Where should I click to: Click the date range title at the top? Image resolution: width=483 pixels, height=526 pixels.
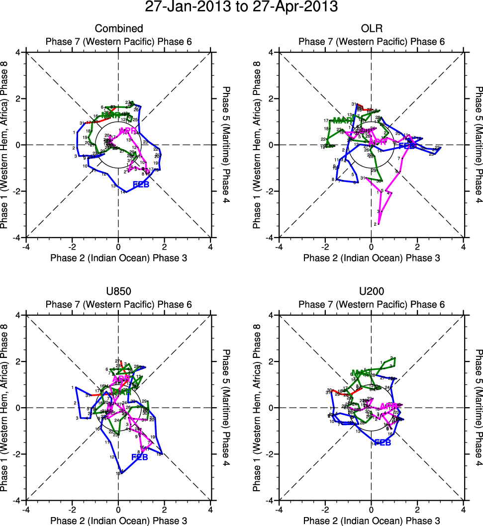[241, 7]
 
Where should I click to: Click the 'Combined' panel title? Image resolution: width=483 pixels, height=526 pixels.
[118, 28]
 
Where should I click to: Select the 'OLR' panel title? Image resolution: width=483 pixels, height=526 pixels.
[371, 28]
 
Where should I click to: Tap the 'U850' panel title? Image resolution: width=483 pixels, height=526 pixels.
[118, 292]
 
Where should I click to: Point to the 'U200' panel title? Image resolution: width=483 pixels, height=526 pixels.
[371, 292]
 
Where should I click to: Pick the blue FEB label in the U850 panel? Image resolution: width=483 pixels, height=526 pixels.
[140, 457]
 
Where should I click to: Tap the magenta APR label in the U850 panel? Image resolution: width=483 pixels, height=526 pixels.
[121, 379]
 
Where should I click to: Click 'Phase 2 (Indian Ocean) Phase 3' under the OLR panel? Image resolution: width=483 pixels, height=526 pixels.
[371, 258]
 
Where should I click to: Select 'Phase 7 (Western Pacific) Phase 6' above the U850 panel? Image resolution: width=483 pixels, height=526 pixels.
[118, 304]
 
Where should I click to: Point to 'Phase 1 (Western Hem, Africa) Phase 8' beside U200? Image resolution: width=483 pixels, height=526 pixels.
[257, 408]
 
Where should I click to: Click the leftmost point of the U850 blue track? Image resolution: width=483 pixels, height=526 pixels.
[76, 387]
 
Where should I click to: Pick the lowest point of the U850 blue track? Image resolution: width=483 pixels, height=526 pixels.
[121, 474]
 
